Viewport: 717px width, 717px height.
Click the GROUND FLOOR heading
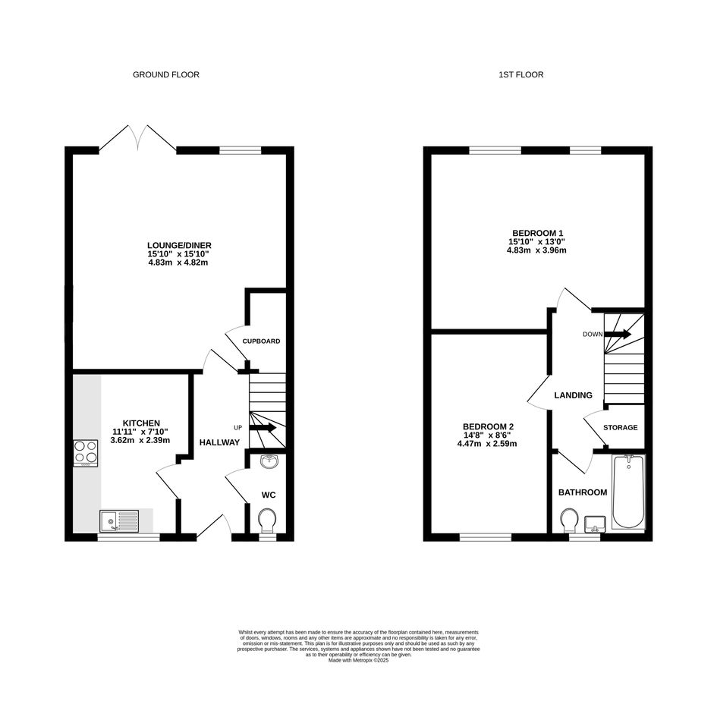[x=166, y=74]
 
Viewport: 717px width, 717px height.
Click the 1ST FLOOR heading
[x=520, y=74]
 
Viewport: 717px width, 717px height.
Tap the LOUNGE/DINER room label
[x=179, y=246]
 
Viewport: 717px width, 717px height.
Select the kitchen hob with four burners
[x=86, y=453]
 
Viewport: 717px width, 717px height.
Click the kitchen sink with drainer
[x=119, y=521]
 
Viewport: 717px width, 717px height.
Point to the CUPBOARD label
[x=261, y=341]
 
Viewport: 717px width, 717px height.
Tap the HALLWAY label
[x=219, y=442]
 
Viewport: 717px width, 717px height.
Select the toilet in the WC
[x=267, y=520]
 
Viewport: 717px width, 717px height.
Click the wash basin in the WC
[x=269, y=461]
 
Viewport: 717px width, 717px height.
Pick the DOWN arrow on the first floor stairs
[x=618, y=335]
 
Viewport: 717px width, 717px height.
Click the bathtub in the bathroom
[x=628, y=492]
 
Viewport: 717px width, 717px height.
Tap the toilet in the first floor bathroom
[x=569, y=520]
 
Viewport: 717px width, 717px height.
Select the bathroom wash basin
[x=595, y=524]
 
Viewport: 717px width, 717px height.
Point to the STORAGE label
[x=620, y=428]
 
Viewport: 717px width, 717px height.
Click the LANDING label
[x=573, y=395]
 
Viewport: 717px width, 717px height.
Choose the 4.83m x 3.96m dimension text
[x=536, y=250]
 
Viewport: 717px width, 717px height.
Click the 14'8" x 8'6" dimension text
[x=487, y=436]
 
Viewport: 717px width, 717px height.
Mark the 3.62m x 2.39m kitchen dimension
[x=140, y=440]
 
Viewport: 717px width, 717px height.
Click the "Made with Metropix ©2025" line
[x=358, y=660]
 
